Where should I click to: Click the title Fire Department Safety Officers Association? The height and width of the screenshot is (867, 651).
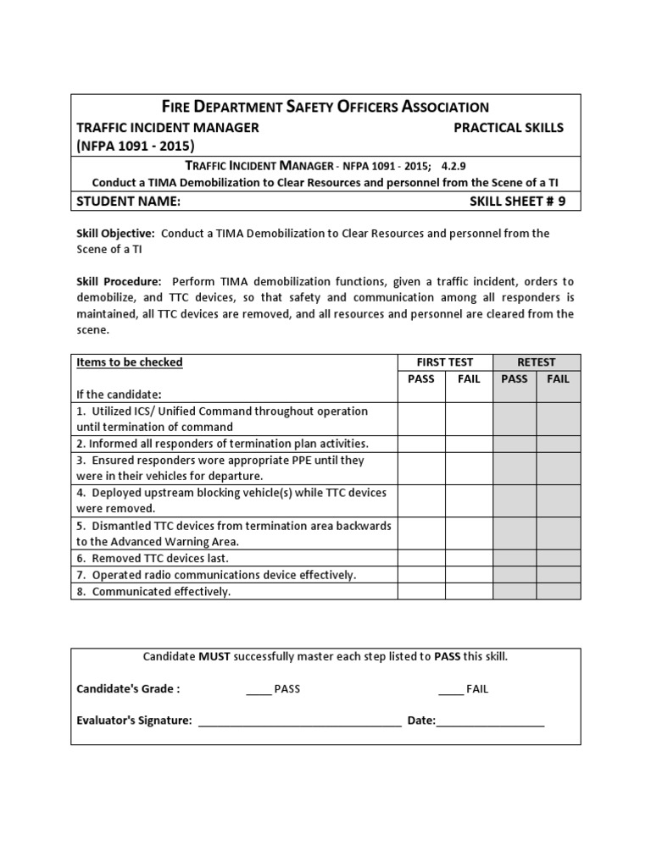(x=325, y=107)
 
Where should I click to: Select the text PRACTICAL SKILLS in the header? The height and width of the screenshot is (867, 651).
(x=509, y=128)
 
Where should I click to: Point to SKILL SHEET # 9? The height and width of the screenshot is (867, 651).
(x=516, y=202)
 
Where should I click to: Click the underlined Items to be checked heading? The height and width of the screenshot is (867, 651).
(x=130, y=362)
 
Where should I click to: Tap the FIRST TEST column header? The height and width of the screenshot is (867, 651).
(x=445, y=362)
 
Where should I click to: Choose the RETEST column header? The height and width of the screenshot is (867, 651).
(x=536, y=362)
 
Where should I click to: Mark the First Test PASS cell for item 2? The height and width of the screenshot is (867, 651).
(x=421, y=444)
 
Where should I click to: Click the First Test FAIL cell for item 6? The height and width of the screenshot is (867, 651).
(x=469, y=558)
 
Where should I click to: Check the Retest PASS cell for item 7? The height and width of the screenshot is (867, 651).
(x=515, y=575)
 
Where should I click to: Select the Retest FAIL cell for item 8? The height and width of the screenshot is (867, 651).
(x=559, y=591)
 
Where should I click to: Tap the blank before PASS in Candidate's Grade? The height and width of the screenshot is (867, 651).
(x=258, y=689)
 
